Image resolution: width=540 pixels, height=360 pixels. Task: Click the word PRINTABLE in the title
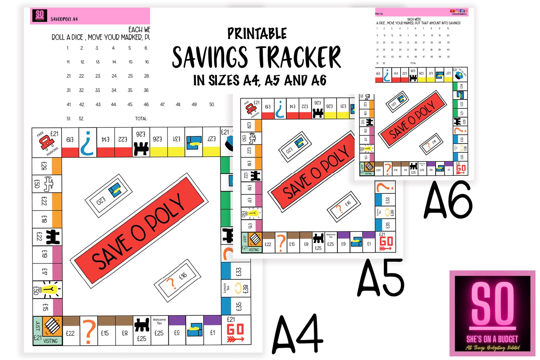click(257, 34)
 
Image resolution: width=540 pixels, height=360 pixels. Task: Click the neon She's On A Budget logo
click(492, 313)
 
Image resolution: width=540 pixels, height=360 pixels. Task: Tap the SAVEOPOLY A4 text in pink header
click(64, 19)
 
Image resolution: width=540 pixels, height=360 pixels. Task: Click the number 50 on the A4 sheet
click(212, 104)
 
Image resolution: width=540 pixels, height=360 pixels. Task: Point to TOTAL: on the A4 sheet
click(141, 119)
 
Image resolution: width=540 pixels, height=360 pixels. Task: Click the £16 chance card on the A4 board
click(177, 280)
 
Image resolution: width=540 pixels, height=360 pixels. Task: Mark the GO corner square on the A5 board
click(386, 242)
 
